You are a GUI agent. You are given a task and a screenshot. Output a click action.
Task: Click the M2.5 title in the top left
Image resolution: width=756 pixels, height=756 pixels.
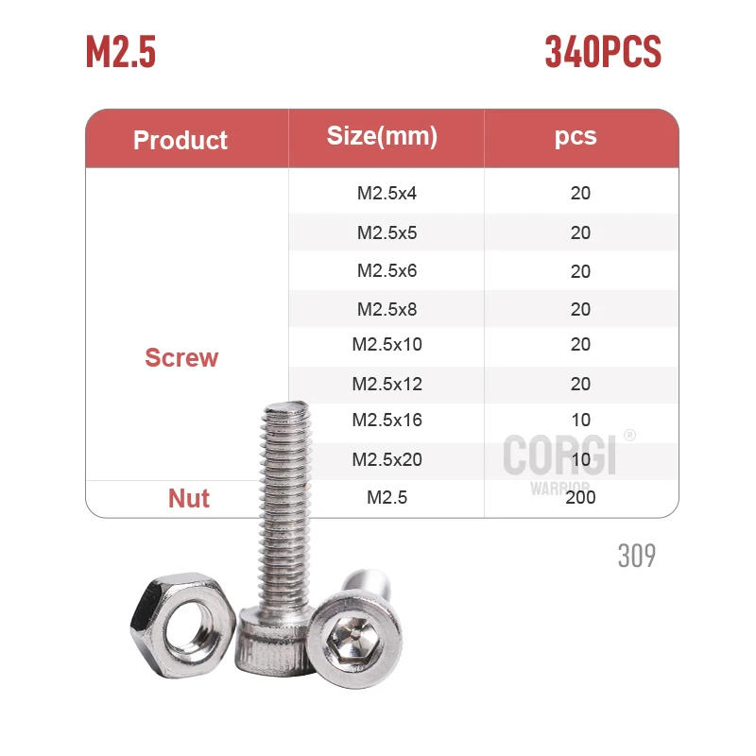click(121, 52)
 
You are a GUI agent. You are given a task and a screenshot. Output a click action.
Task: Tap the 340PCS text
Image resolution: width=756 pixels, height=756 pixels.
click(603, 52)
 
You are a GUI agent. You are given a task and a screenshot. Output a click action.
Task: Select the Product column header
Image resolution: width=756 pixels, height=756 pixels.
click(180, 140)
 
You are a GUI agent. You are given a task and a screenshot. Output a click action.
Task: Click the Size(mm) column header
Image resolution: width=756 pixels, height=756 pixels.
click(382, 136)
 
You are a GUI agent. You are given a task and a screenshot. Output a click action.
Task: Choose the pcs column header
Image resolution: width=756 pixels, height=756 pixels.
click(576, 136)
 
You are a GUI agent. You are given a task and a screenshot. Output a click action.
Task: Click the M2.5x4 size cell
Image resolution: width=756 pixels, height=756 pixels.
click(387, 194)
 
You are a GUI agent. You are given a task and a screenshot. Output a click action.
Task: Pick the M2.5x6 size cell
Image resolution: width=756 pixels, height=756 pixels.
click(387, 271)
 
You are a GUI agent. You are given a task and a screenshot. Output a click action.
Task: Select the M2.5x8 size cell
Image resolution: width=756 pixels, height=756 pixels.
click(387, 309)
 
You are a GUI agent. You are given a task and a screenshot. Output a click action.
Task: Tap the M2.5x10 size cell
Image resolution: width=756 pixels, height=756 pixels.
click(387, 345)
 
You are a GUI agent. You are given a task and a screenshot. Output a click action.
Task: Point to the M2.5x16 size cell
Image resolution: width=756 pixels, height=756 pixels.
click(387, 421)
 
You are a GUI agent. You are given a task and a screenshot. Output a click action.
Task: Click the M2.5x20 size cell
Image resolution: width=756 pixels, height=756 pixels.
click(387, 460)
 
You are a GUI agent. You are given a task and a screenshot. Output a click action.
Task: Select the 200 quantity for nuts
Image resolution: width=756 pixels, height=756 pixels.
click(580, 497)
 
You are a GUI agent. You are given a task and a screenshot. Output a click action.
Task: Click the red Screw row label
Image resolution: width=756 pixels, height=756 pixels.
click(181, 358)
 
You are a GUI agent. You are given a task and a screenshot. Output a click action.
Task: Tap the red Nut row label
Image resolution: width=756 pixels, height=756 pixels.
click(189, 498)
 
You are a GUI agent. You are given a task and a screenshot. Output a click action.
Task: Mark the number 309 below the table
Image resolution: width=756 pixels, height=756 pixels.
click(636, 556)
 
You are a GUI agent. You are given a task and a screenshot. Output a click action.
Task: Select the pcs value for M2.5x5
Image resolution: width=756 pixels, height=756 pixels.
click(580, 233)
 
